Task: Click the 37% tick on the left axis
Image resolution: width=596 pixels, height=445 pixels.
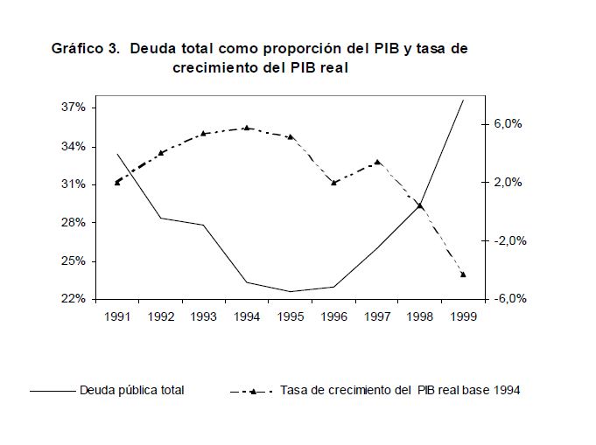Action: click(x=74, y=108)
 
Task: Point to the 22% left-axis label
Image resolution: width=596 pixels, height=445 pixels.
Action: click(x=74, y=299)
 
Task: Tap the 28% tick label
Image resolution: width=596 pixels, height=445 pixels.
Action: click(x=74, y=223)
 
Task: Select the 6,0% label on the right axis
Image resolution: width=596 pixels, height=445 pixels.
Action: click(x=507, y=124)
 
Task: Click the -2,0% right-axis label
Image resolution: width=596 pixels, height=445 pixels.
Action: click(x=506, y=240)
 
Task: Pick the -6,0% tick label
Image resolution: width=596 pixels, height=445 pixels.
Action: click(x=506, y=299)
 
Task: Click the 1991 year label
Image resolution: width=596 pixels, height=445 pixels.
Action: click(x=117, y=315)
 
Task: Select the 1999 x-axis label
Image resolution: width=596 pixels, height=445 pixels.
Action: click(x=463, y=315)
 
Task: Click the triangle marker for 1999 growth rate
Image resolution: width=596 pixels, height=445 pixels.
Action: click(x=463, y=275)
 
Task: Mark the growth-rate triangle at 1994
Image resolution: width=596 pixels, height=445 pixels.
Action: click(x=247, y=128)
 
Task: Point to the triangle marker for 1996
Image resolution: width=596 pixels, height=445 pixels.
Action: click(x=333, y=182)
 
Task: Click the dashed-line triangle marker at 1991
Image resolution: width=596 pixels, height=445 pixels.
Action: click(x=117, y=182)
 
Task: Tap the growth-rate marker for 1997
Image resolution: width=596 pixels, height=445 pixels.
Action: click(x=377, y=162)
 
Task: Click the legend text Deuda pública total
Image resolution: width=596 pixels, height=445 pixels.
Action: click(x=131, y=390)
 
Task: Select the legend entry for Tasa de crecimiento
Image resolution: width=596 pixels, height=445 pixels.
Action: click(x=400, y=390)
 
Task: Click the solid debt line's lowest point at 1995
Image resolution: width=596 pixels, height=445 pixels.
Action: click(x=290, y=291)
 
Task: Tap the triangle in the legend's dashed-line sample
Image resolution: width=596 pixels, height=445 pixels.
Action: click(x=252, y=391)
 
